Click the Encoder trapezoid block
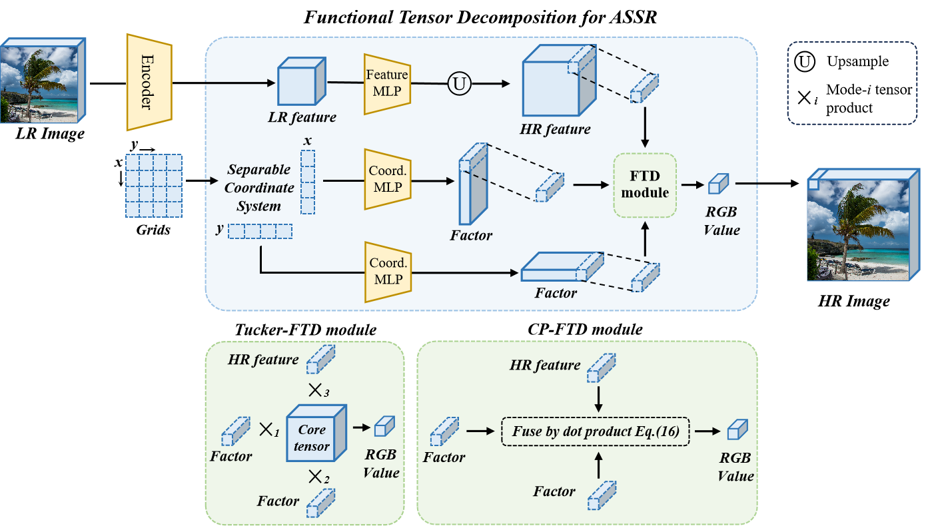coord(149,83)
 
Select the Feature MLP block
coord(387,84)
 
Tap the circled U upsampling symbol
coord(458,85)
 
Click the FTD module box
coord(644,185)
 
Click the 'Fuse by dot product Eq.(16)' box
coord(596,431)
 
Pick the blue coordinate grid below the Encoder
coord(154,186)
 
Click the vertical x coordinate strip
coord(307,182)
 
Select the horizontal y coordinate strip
coord(260,232)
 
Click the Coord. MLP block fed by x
coord(387,180)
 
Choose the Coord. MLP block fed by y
coord(387,272)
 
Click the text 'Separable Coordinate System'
coord(258,188)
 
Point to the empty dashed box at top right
coord(852,83)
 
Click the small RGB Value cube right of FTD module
coord(719,184)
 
